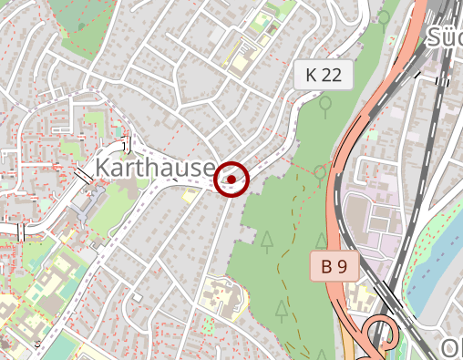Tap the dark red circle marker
[x=232, y=180]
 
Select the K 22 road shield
[x=324, y=76]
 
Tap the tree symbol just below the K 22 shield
[x=325, y=106]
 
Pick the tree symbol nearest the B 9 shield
[x=321, y=241]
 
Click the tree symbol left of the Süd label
[x=384, y=17]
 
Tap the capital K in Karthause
[x=103, y=168]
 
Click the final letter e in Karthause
[x=208, y=170]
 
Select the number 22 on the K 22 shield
[x=334, y=76]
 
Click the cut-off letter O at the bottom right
[x=452, y=347]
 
